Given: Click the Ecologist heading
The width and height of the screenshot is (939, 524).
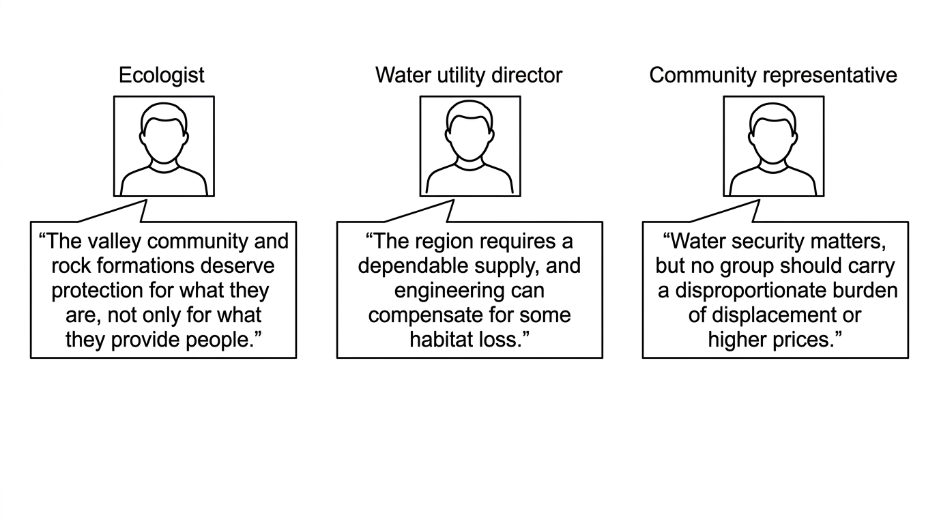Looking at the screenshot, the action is [161, 76].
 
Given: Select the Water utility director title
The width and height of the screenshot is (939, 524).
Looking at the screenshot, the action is [469, 76].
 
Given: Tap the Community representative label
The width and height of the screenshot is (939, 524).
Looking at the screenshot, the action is [773, 76].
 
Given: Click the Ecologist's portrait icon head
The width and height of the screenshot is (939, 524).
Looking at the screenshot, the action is [164, 132].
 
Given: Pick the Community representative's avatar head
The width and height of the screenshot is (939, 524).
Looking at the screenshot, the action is [773, 132].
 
